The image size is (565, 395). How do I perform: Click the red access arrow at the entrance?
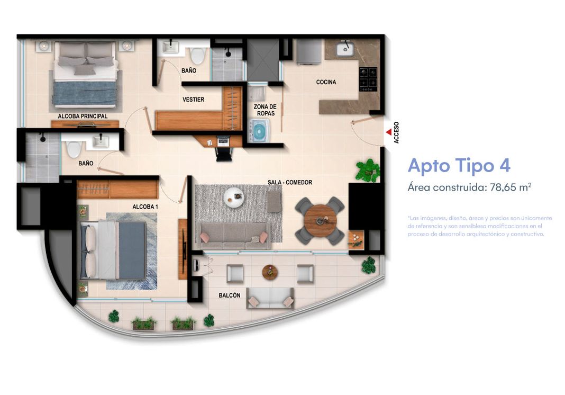pos(388,131)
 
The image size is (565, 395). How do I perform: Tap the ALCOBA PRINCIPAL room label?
pos(83,116)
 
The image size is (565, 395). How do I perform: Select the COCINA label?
pos(326,82)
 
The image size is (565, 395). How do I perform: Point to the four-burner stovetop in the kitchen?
pos(368,78)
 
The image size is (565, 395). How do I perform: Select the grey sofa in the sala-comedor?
pos(233,235)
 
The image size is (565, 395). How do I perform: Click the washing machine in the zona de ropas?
pos(260,130)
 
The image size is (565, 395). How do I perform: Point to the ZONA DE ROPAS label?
pos(265,110)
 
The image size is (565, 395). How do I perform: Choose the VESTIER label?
pos(193,100)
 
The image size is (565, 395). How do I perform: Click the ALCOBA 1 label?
pos(145,207)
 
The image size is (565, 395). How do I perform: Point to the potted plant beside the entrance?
pos(367,170)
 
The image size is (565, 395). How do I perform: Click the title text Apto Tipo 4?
pos(459,166)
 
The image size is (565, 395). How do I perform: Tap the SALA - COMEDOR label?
pos(289,183)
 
